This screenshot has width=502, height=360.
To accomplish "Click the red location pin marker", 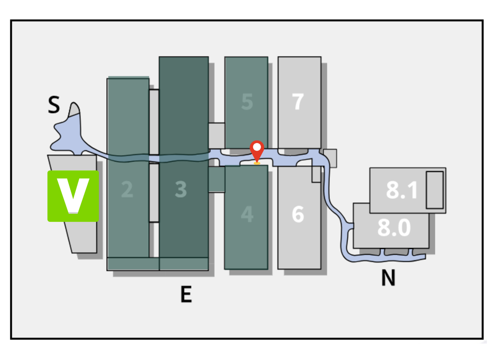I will (x=257, y=150).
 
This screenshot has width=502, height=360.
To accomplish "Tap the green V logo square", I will (x=73, y=196).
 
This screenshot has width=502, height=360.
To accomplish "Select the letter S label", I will (x=54, y=105).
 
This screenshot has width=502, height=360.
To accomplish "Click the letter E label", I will (x=186, y=294).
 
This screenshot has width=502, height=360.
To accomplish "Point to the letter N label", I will (x=388, y=278).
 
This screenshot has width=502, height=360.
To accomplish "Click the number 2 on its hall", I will (x=127, y=189).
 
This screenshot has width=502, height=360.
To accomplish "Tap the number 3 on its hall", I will (x=181, y=189).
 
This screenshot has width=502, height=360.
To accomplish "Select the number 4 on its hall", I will (x=247, y=214).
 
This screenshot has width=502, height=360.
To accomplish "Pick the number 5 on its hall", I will (x=247, y=102).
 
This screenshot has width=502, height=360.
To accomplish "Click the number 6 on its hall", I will (x=298, y=214).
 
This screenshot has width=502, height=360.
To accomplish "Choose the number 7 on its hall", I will (x=298, y=102).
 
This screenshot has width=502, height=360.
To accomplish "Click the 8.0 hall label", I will (x=394, y=228).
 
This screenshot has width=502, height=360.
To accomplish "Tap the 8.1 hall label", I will (x=402, y=190).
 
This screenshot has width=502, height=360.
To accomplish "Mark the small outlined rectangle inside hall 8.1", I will (x=435, y=190).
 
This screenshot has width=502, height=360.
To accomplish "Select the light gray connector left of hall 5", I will (x=216, y=135).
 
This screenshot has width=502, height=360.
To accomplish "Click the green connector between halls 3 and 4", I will (x=216, y=179).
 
